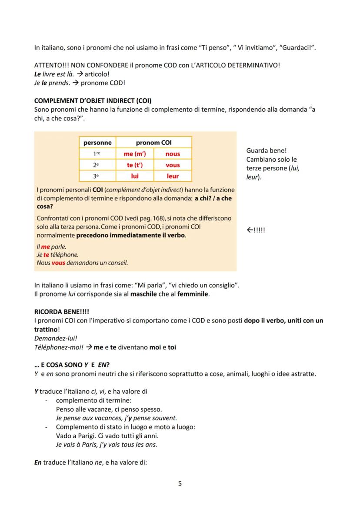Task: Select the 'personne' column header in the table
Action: pyautogui.click(x=98, y=143)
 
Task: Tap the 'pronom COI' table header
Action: pyautogui.click(x=154, y=143)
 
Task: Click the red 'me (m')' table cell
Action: pyautogui.click(x=135, y=154)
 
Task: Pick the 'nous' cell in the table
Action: pyautogui.click(x=173, y=154)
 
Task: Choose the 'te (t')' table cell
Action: pyautogui.click(x=135, y=165)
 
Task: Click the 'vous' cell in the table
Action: pyautogui.click(x=173, y=165)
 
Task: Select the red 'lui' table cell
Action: pyautogui.click(x=135, y=176)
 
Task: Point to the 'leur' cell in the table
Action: pyautogui.click(x=173, y=176)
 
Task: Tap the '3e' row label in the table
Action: pyautogui.click(x=98, y=176)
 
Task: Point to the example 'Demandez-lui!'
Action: pyautogui.click(x=53, y=339)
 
